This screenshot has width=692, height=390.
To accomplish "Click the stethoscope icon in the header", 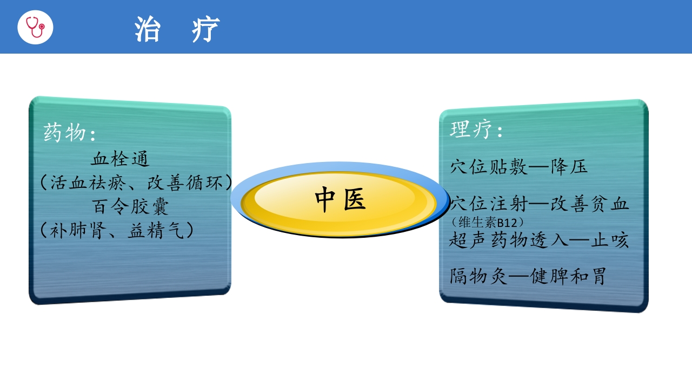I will (x=35, y=27).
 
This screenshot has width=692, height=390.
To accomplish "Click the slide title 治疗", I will (x=177, y=29).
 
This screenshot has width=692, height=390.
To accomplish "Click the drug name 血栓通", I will (x=120, y=159).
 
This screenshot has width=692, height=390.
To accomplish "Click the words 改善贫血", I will (x=590, y=205).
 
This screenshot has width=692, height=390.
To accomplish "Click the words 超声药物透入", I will (x=509, y=240).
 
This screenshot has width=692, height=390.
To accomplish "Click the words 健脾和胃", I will (x=568, y=276).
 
